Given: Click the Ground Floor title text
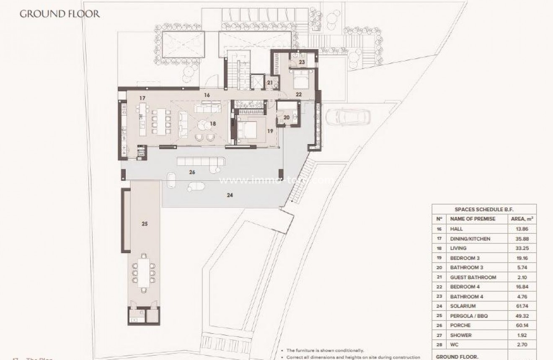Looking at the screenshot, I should [x=60, y=14].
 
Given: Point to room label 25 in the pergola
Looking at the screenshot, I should [x=145, y=224].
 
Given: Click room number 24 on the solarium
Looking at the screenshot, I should [x=230, y=194].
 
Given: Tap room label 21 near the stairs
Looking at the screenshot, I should [x=270, y=83].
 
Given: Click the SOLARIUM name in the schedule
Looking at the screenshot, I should [x=463, y=306].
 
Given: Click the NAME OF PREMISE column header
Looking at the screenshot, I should [x=473, y=219].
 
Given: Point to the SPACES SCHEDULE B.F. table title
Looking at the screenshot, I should [x=484, y=209].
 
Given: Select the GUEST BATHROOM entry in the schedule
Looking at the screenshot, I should [x=473, y=277].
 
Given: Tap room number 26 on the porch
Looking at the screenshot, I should [x=192, y=172].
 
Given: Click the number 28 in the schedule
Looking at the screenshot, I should [x=439, y=345].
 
